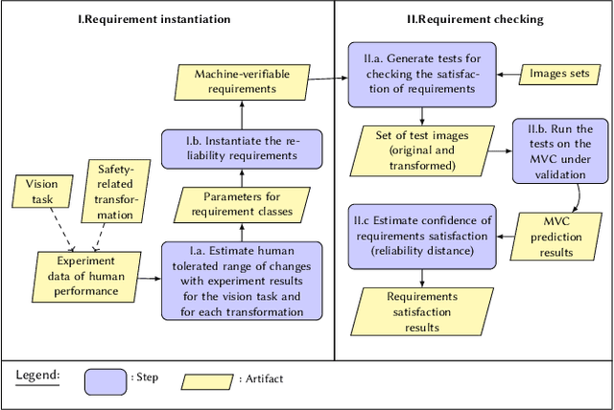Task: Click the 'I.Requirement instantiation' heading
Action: (x=165, y=17)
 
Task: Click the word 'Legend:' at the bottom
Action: (x=37, y=375)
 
